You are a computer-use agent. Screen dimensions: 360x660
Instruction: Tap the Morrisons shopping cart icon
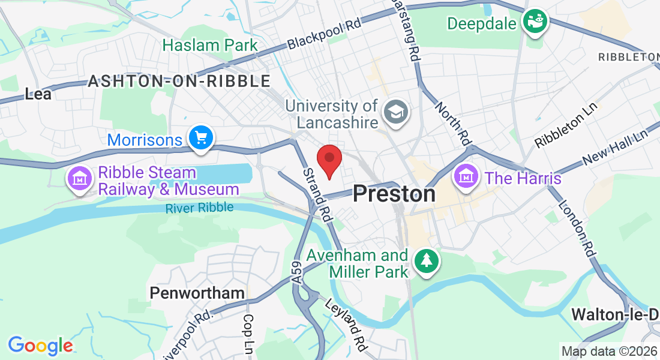200,139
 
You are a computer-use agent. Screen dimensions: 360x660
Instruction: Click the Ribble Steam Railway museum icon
79,178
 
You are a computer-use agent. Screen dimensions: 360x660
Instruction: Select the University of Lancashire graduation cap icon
395,112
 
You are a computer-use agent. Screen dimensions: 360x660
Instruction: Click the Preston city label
394,193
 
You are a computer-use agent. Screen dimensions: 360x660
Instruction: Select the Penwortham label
197,293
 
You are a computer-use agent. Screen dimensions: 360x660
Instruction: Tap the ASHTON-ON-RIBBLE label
179,82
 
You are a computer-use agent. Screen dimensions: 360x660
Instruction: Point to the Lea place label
38,94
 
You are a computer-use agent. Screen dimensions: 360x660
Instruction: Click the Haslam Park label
210,45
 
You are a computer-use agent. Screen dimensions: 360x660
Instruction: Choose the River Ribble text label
200,208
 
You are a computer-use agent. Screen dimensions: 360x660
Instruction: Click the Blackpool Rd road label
325,33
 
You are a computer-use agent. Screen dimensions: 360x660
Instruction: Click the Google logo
40,346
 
